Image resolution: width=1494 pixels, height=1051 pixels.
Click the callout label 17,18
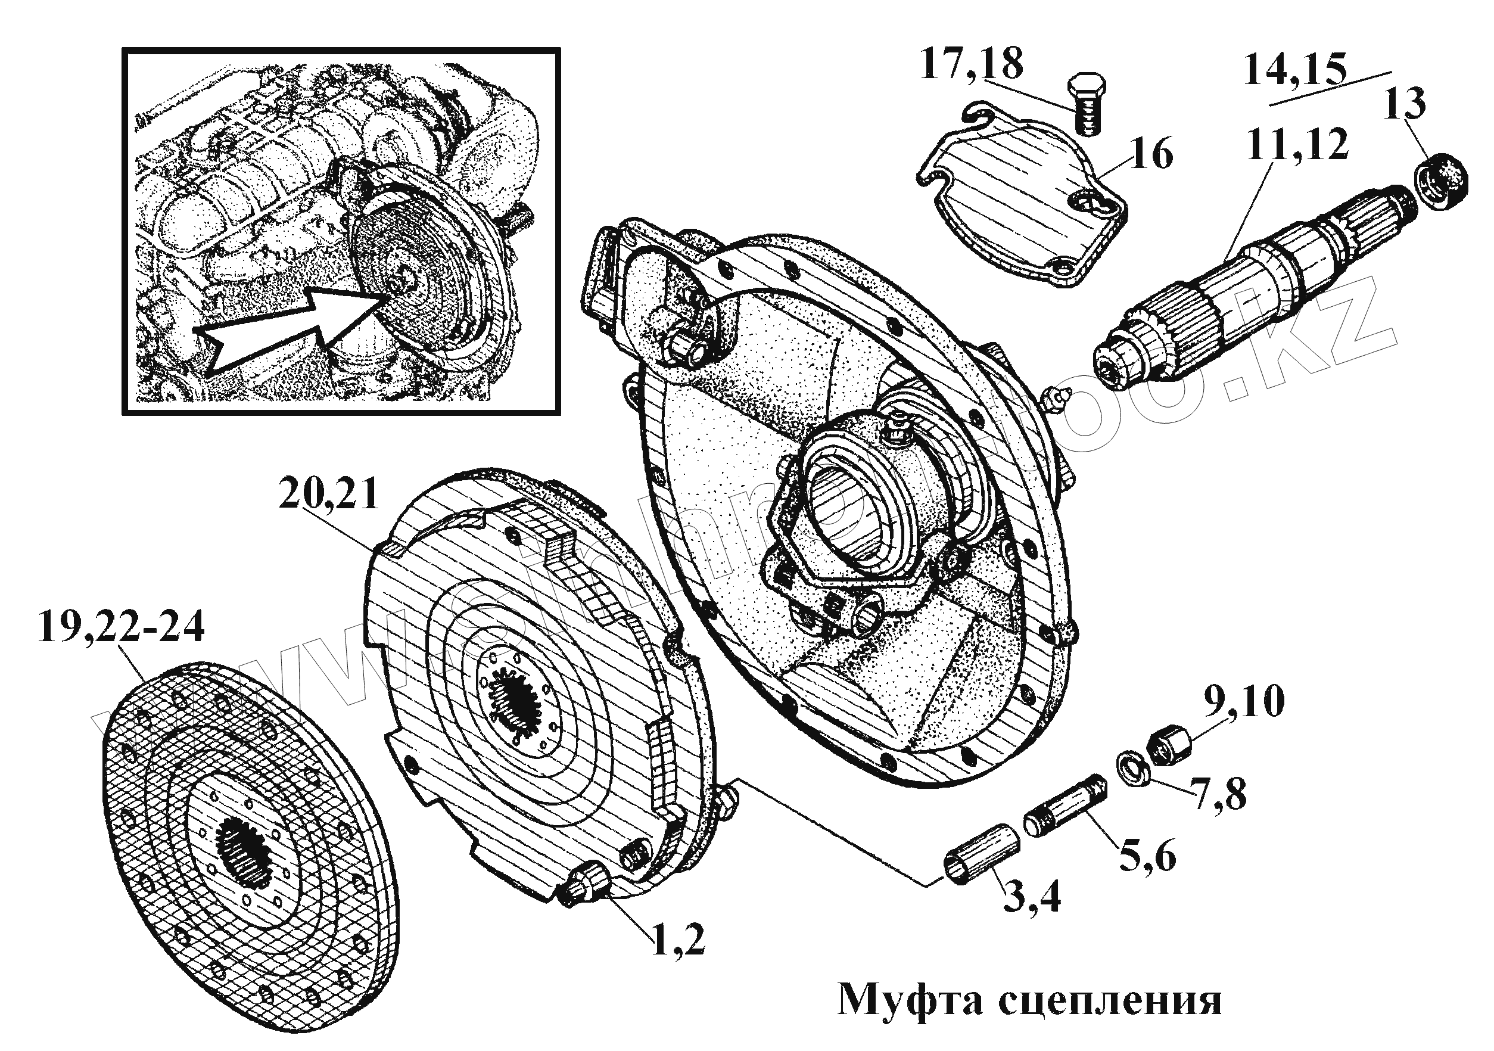[971, 64]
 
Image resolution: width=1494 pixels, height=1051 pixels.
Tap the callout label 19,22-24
[121, 627]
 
